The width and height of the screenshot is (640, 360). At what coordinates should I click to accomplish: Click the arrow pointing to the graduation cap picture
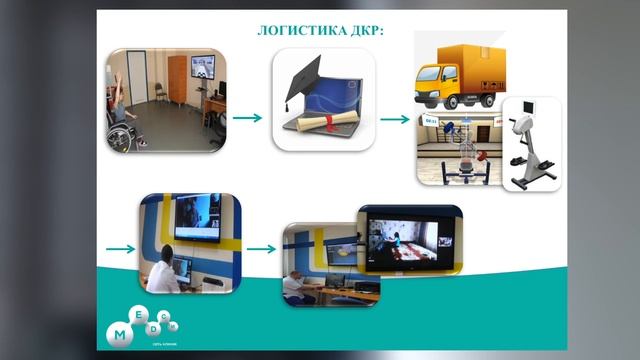point(248,118)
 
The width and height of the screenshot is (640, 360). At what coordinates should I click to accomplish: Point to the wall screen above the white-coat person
point(196,217)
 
